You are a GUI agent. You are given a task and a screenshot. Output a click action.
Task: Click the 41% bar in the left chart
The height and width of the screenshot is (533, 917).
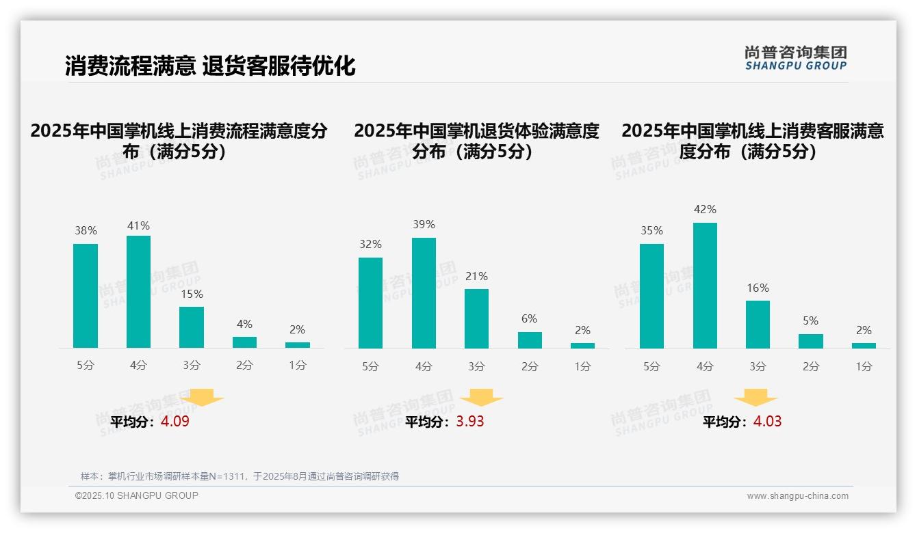point(138,292)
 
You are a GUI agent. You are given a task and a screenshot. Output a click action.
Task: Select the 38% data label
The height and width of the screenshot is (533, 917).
point(86,231)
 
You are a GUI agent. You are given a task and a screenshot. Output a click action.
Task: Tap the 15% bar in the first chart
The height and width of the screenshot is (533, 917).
point(192,327)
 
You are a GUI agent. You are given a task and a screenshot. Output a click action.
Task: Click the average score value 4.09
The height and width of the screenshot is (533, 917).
point(175,422)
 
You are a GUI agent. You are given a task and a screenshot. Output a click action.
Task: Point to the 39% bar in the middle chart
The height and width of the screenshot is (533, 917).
point(424,293)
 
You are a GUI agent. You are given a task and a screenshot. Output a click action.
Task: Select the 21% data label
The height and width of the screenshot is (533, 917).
point(476,277)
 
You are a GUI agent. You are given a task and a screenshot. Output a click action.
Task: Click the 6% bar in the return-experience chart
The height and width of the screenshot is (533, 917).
point(530,340)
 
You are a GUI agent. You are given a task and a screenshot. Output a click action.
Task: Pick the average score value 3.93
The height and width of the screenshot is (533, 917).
point(470,422)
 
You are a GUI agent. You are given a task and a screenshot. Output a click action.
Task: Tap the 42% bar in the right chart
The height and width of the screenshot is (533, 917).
point(705,286)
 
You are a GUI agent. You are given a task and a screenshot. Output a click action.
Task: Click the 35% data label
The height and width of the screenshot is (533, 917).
point(651,231)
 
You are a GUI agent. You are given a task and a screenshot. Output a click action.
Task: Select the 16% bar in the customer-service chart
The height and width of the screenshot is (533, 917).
point(758,325)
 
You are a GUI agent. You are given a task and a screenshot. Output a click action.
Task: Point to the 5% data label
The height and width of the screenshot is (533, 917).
point(811,321)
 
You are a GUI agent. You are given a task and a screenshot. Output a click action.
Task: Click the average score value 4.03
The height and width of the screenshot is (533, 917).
point(767,422)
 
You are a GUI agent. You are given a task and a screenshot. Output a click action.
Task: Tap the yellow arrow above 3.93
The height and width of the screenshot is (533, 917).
point(482,397)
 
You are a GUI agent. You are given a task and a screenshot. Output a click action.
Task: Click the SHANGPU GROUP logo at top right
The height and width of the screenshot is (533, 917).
point(795,58)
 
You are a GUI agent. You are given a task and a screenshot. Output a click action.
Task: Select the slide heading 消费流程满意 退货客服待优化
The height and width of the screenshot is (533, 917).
point(210,66)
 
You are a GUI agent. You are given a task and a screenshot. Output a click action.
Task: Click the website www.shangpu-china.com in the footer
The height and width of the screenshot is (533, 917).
point(797,496)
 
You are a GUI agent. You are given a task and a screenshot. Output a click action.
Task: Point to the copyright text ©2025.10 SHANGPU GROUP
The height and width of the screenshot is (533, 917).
point(137,495)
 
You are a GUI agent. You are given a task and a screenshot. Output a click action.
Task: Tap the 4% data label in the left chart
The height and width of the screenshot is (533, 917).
point(244,324)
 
